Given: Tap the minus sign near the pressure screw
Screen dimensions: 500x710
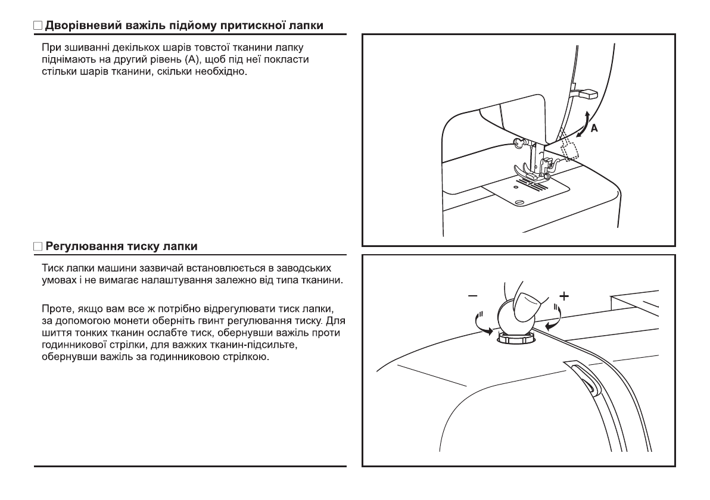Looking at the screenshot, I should (473, 296).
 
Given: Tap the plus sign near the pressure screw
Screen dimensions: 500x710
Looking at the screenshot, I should (563, 296).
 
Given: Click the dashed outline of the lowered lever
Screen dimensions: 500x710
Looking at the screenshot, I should (571, 148).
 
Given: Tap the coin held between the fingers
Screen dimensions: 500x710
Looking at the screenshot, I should (508, 318).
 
